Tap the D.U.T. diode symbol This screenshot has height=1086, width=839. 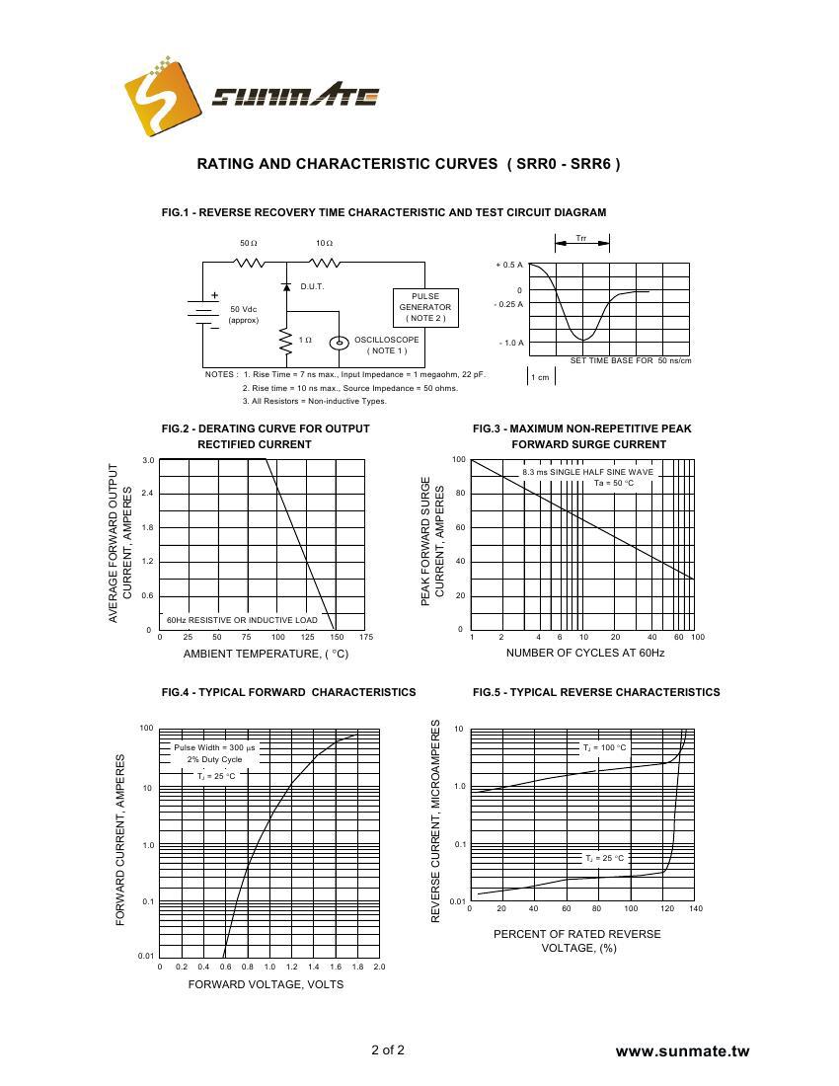pyautogui.click(x=285, y=286)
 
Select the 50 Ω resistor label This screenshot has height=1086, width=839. pyautogui.click(x=249, y=243)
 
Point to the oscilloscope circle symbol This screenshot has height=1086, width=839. pyautogui.click(x=339, y=343)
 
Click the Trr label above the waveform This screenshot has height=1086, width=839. pyautogui.click(x=582, y=239)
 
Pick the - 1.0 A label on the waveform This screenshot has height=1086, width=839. pyautogui.click(x=511, y=343)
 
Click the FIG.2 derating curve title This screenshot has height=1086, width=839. pyautogui.click(x=266, y=436)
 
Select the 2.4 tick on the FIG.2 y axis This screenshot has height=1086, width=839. pyautogui.click(x=148, y=493)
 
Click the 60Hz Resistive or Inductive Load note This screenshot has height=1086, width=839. pyautogui.click(x=242, y=620)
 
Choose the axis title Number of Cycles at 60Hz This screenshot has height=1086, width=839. pyautogui.click(x=584, y=654)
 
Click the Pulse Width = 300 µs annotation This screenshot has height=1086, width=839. pyautogui.click(x=214, y=747)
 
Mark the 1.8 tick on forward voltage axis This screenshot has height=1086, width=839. pyautogui.click(x=357, y=967)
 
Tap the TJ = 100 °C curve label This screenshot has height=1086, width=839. pyautogui.click(x=603, y=748)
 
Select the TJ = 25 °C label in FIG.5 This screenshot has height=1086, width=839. pyautogui.click(x=604, y=858)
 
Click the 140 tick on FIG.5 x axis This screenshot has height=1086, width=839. pyautogui.click(x=696, y=909)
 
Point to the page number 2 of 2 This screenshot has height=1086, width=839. pyautogui.click(x=388, y=1049)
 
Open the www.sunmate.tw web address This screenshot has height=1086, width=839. pyautogui.click(x=682, y=1051)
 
